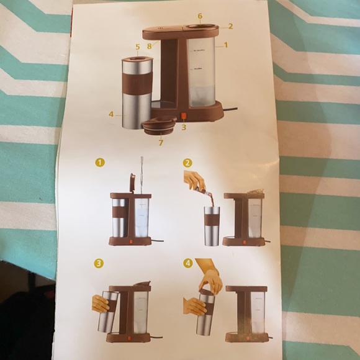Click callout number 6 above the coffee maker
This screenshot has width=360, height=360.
click(x=200, y=16)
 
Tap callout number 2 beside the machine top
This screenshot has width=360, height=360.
click(x=230, y=26)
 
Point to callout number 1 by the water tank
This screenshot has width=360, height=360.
click(x=225, y=45)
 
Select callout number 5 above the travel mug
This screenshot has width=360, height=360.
click(x=138, y=47)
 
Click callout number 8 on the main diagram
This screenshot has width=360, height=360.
click(x=150, y=45)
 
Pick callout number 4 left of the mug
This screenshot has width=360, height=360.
click(x=110, y=114)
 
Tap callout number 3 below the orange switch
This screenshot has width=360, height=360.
click(x=184, y=127)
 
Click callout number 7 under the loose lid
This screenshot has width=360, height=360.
click(x=161, y=142)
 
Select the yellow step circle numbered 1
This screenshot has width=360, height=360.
click(x=99, y=163)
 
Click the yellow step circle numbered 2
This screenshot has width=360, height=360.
click(x=187, y=163)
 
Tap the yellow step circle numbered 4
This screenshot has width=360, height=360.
click(x=187, y=263)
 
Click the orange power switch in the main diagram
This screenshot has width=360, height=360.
click(x=184, y=116)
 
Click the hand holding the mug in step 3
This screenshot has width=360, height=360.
click(x=100, y=304)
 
